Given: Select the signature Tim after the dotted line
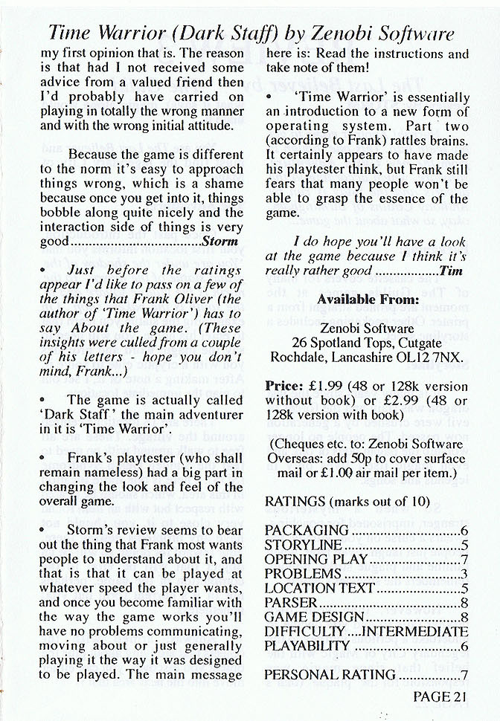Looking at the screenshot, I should click(x=452, y=271).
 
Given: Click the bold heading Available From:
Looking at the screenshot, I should click(x=368, y=300).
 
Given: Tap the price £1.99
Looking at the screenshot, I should click(x=323, y=387).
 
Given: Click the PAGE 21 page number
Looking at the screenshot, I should click(x=440, y=697).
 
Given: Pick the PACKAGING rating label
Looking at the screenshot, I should click(x=307, y=530).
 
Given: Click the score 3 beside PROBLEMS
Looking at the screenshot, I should click(x=464, y=574).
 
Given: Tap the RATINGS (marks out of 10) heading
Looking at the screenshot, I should click(x=347, y=502).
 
